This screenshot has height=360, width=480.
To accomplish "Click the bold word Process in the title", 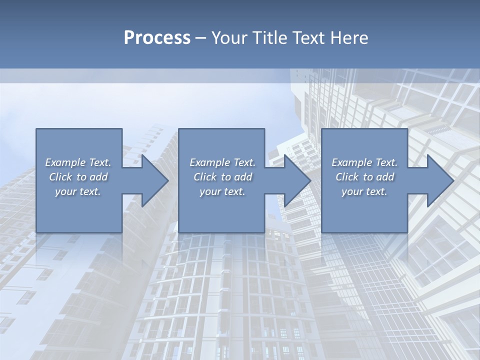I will pyautogui.click(x=157, y=38).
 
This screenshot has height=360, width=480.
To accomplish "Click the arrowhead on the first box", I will pyautogui.click(x=153, y=180).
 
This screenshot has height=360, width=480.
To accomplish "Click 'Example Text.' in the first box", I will pyautogui.click(x=78, y=162).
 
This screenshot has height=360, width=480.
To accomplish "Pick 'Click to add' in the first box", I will pyautogui.click(x=78, y=177).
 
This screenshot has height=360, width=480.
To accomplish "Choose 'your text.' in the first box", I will pyautogui.click(x=78, y=191).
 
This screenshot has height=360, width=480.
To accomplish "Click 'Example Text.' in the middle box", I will pyautogui.click(x=222, y=162).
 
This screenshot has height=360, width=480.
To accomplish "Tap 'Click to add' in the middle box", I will pyautogui.click(x=222, y=177).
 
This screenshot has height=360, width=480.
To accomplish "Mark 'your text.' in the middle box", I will pyautogui.click(x=222, y=191).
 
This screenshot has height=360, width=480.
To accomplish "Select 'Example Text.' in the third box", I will pyautogui.click(x=364, y=162).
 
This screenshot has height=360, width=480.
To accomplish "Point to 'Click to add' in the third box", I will pyautogui.click(x=364, y=177).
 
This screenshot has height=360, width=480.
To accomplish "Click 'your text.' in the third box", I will pyautogui.click(x=364, y=191).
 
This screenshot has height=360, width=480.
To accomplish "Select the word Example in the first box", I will pyautogui.click(x=65, y=162).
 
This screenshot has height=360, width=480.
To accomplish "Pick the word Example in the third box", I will pyautogui.click(x=352, y=162).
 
